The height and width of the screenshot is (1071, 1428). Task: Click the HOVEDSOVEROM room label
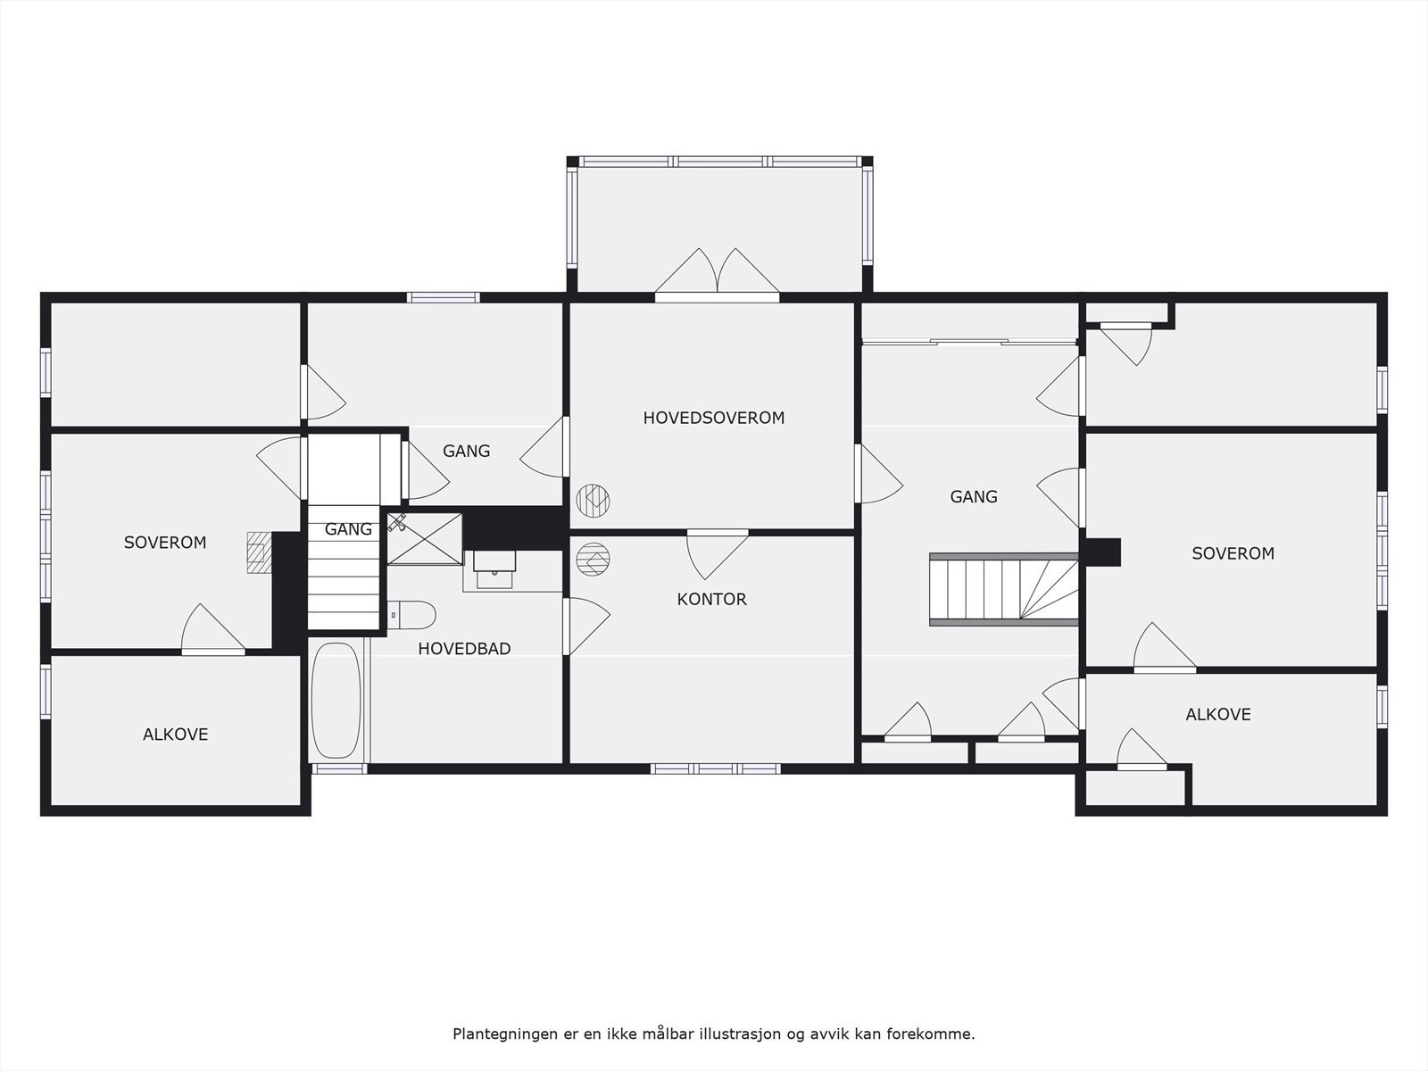[x=714, y=418]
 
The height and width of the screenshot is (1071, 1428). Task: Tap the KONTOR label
[x=711, y=599]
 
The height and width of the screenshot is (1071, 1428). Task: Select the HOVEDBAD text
[x=464, y=648]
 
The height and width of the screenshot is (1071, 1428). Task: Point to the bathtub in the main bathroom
[x=336, y=701]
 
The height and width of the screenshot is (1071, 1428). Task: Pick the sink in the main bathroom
[x=495, y=569]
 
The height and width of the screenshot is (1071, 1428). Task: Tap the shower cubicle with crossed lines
[x=425, y=538]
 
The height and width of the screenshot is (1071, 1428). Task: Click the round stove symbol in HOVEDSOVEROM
[x=593, y=501]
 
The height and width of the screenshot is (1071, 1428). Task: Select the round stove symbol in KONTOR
[x=593, y=560]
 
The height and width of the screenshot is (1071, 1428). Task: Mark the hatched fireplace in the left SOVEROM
[x=259, y=552]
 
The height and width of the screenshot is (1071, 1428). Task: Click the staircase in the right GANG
[x=1003, y=589]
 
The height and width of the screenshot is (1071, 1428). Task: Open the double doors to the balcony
[x=717, y=273]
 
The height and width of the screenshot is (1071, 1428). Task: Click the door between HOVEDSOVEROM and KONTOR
[x=718, y=554]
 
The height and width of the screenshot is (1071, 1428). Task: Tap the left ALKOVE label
[x=176, y=735]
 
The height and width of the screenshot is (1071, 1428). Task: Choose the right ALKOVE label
[x=1218, y=714]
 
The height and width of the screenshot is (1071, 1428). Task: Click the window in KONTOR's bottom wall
[x=716, y=768]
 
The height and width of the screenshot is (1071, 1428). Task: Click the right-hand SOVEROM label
[x=1233, y=553]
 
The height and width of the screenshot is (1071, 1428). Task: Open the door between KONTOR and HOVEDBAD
[x=585, y=626]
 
